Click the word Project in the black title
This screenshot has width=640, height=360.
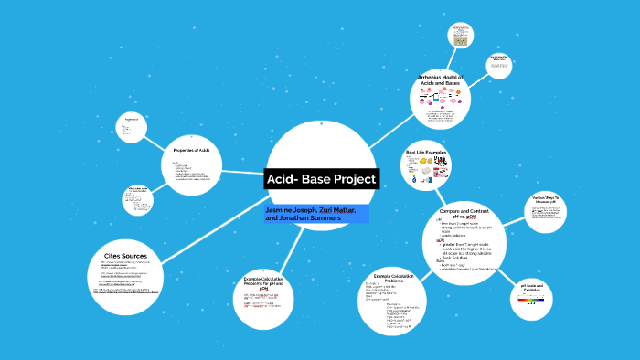pyautogui.click(x=348, y=179)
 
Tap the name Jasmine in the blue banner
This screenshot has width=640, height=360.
pyautogui.click(x=279, y=210)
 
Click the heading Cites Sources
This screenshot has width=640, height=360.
pyautogui.click(x=126, y=256)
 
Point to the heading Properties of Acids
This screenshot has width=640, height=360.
pyautogui.click(x=192, y=149)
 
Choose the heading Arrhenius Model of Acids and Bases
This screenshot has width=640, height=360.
pyautogui.click(x=442, y=81)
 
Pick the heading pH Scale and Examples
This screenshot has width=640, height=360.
pyautogui.click(x=532, y=288)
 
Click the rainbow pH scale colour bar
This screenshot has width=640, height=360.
pyautogui.click(x=531, y=298)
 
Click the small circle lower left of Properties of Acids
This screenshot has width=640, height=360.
pyautogui.click(x=140, y=200)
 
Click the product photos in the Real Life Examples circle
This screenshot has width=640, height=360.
pyautogui.click(x=428, y=168)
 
